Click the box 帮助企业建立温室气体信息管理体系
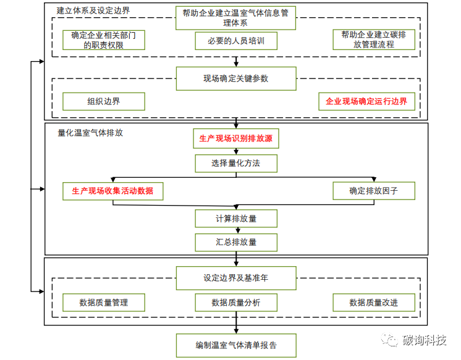click(x=235, y=18)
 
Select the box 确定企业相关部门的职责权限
click(x=104, y=40)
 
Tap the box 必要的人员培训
click(x=235, y=41)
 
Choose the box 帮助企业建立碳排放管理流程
click(x=367, y=40)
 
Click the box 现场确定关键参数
click(x=235, y=78)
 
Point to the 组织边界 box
click(x=104, y=101)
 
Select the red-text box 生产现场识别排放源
click(x=235, y=140)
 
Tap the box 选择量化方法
click(x=235, y=163)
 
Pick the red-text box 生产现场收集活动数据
click(x=112, y=191)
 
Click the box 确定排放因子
click(x=373, y=191)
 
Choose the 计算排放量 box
click(x=235, y=219)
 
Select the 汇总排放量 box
click(x=235, y=241)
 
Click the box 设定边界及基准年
click(x=235, y=278)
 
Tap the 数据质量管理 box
click(x=104, y=303)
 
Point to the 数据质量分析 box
click(x=235, y=303)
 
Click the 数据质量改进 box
click(x=373, y=303)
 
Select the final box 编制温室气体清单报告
click(x=235, y=345)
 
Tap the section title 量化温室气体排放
click(x=90, y=132)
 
